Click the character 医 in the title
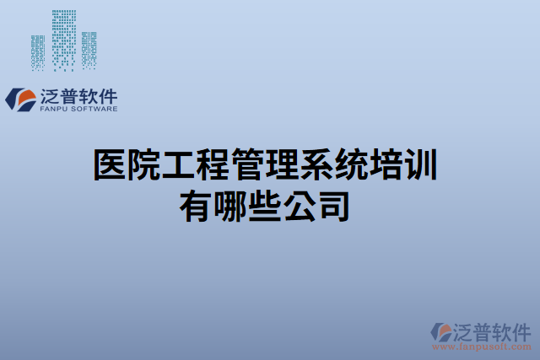(109, 165)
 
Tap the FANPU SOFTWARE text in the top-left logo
(79, 109)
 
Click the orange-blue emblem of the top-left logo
(20, 99)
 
